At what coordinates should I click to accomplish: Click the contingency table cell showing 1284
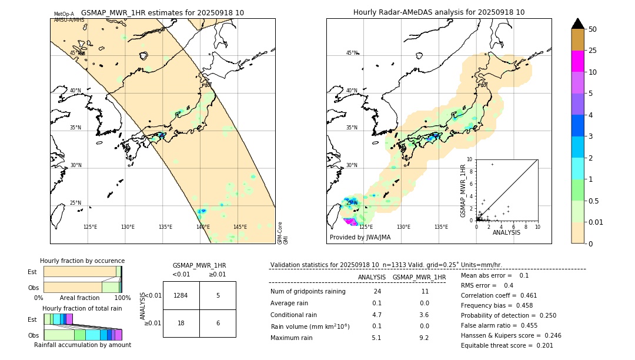[x=181, y=295]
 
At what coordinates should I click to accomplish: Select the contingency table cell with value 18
[x=181, y=323]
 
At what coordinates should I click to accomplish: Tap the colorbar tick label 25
[x=593, y=51]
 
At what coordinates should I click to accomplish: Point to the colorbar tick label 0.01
[x=596, y=222]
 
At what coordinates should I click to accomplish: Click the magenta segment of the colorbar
[x=578, y=62]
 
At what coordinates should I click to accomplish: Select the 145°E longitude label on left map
[x=240, y=227]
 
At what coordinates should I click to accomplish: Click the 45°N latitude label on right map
[x=352, y=53]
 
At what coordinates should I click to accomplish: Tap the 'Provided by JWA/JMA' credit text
[x=360, y=238]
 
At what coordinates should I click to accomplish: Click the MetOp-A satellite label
[x=64, y=14]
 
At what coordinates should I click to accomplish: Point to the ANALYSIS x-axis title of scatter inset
[x=506, y=233]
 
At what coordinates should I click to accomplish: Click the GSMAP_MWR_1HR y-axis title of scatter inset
[x=463, y=191]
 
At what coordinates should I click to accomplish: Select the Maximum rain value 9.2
[x=425, y=338]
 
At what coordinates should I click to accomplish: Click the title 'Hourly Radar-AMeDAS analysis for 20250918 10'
[x=439, y=12]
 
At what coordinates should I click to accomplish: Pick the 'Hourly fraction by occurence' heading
[x=82, y=261]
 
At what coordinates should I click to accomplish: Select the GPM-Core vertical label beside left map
[x=280, y=229]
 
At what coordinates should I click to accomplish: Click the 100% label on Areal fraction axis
[x=122, y=298]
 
